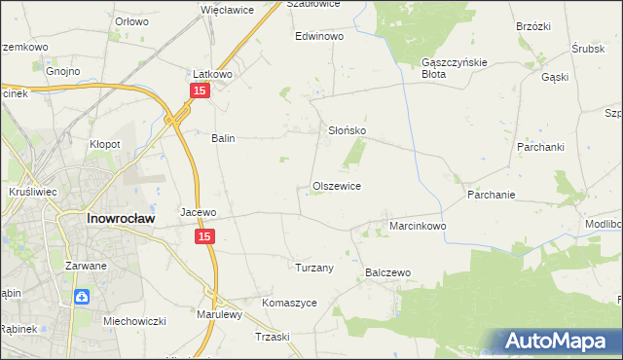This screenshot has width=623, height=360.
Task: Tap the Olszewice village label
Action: point(337,186)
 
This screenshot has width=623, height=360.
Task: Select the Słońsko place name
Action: point(346,129)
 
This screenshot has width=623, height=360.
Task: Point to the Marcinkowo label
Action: point(418,226)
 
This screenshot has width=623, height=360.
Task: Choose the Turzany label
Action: point(314,267)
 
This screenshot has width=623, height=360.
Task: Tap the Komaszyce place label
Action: point(290,303)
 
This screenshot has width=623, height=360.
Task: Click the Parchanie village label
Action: point(490,195)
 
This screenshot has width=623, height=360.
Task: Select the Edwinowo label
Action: point(320,36)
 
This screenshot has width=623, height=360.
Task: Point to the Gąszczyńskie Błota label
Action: point(447,67)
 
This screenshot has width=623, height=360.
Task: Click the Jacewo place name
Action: point(198,211)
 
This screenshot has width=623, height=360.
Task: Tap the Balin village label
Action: point(224,138)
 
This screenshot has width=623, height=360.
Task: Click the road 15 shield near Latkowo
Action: point(200,90)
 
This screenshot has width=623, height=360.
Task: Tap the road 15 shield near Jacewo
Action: point(204,236)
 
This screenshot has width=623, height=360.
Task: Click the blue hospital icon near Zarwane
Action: point(83,297)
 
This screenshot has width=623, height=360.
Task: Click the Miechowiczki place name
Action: point(135,321)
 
